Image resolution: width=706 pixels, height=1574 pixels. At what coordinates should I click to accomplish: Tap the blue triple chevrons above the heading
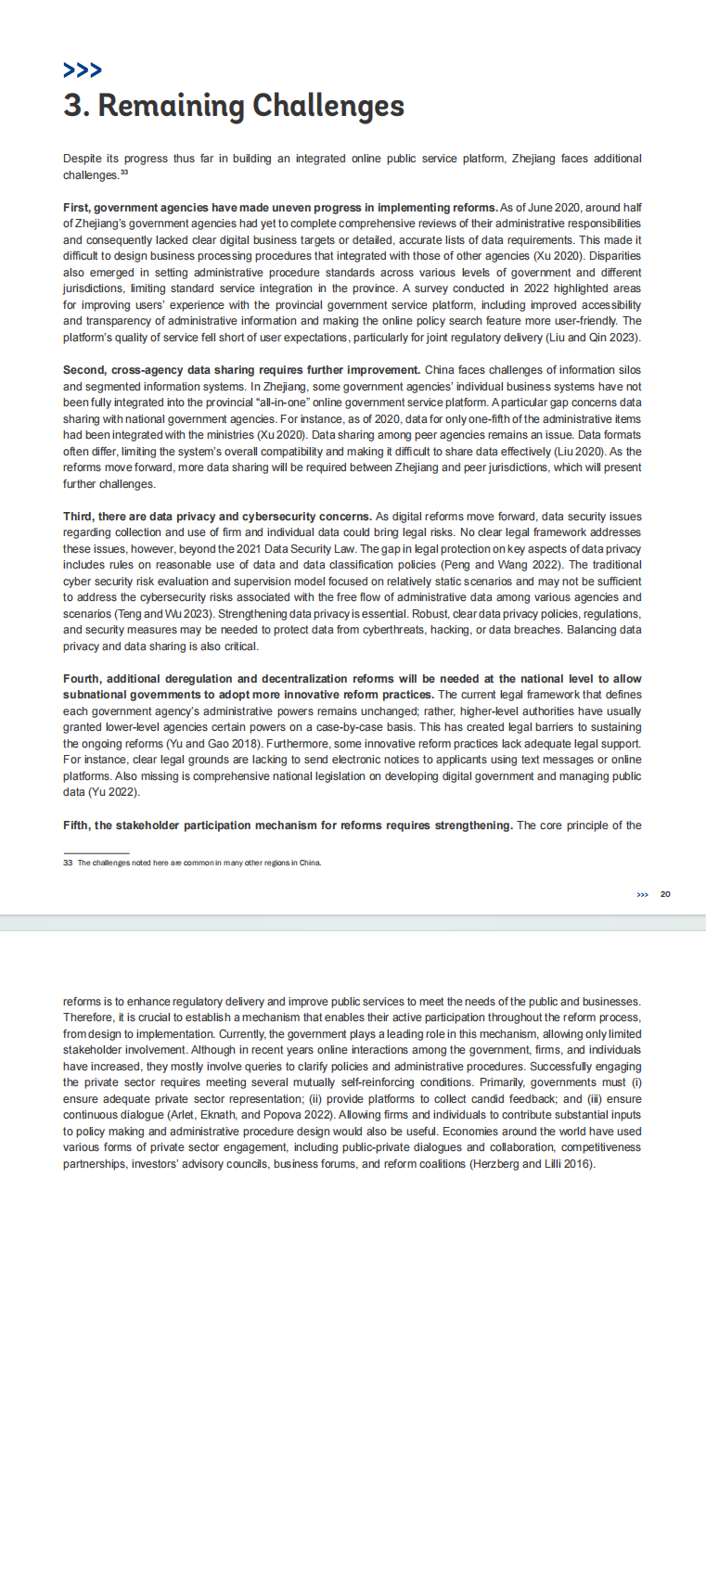[x=83, y=70]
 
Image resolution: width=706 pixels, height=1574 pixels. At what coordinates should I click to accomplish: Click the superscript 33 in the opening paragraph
[x=124, y=173]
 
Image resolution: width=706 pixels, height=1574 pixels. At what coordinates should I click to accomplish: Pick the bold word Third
[x=79, y=517]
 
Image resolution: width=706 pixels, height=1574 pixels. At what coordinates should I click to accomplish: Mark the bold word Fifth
[x=78, y=825]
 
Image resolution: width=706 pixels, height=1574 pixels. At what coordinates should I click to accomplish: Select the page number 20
[x=665, y=894]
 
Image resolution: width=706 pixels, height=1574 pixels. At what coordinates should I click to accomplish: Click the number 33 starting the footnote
[x=68, y=863]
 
